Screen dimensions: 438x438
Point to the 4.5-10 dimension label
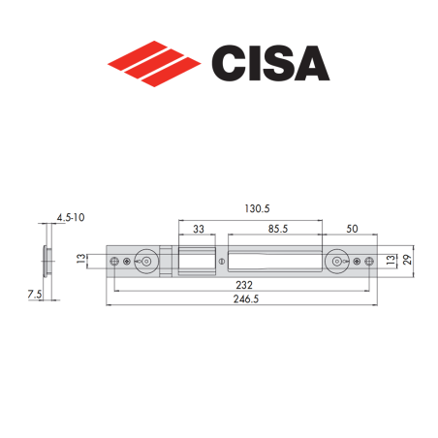click(71, 219)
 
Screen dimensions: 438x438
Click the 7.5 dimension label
click(34, 291)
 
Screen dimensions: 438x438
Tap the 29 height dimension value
click(408, 261)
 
